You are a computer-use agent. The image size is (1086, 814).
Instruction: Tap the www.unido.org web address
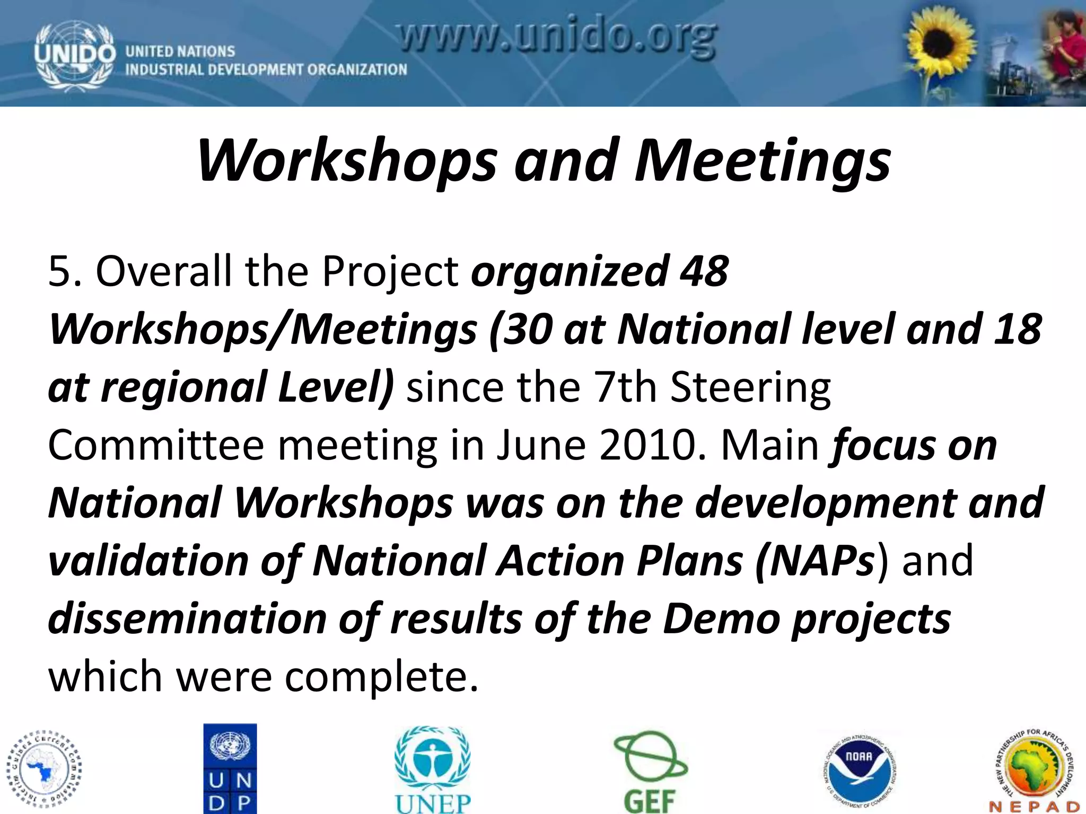[557, 40]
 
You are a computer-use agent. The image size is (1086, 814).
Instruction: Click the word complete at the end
[382, 677]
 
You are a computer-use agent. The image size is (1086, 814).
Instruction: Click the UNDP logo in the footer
[230, 768]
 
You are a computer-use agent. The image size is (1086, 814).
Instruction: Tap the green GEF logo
[650, 771]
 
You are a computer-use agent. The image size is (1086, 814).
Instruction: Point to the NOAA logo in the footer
[859, 771]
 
